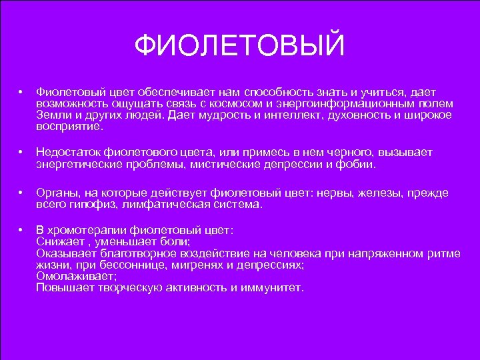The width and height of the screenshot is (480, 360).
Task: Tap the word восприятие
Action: [69, 125]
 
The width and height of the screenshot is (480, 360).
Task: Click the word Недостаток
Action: [67, 152]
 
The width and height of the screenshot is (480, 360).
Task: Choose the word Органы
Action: [55, 193]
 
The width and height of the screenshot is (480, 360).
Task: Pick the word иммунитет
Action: [273, 287]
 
